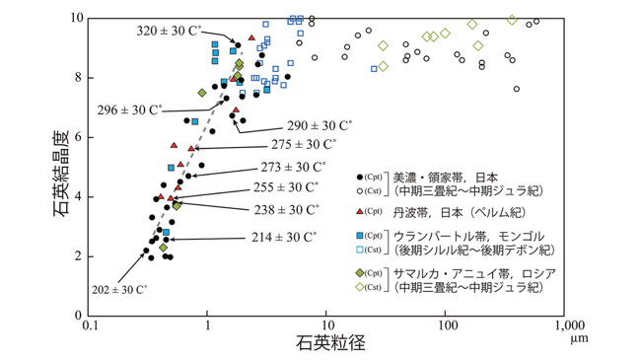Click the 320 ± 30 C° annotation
169,31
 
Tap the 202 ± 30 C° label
119,290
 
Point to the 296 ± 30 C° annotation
130,109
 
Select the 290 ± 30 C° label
320,125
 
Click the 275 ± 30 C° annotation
304,144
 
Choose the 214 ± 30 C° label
284,237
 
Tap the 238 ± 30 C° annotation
287,210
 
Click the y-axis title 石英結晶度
61,174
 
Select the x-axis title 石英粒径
330,343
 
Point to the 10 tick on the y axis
78,18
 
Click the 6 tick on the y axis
78,137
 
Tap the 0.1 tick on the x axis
88,325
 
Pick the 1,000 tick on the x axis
568,325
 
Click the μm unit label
580,338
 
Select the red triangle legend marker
360,211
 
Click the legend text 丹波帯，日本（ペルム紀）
459,213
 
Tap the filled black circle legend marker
360,178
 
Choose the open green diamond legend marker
360,287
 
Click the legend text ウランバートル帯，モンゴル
468,236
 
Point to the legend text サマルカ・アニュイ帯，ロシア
474,273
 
